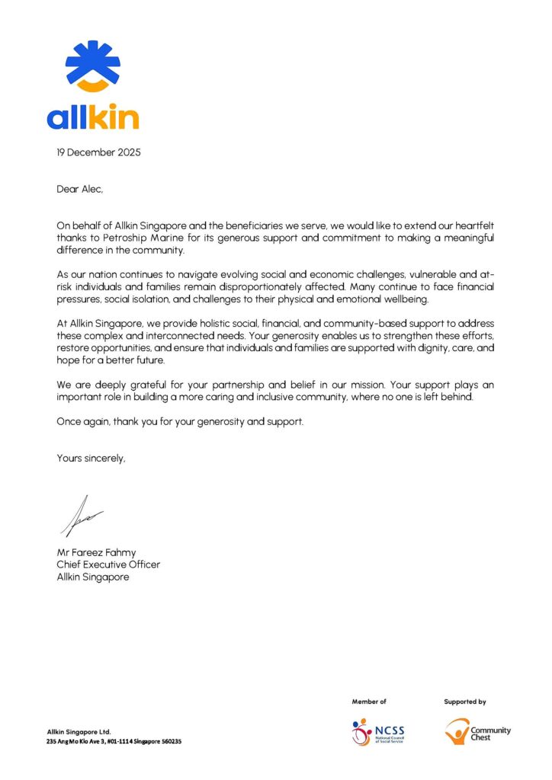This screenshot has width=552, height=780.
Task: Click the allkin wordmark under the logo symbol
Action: pyautogui.click(x=92, y=117)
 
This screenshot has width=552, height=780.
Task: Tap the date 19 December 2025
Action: pyautogui.click(x=98, y=152)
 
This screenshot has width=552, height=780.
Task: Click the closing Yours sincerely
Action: pyautogui.click(x=91, y=458)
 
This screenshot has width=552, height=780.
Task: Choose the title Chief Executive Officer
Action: pyautogui.click(x=108, y=564)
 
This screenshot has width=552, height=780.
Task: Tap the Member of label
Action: pyautogui.click(x=369, y=702)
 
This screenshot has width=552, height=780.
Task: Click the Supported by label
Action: pyautogui.click(x=465, y=702)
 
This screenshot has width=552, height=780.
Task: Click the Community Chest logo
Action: pyautogui.click(x=478, y=732)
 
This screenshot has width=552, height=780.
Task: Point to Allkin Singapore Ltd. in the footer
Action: pyautogui.click(x=79, y=732)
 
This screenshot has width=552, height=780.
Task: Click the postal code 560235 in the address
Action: pyautogui.click(x=166, y=741)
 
